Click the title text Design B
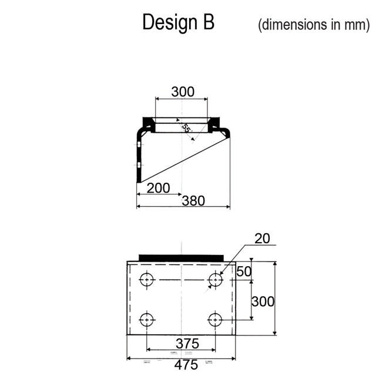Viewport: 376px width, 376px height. [179, 23]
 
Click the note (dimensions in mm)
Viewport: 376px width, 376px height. [314, 25]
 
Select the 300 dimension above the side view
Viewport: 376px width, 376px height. [182, 92]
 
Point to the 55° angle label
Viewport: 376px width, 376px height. [186, 128]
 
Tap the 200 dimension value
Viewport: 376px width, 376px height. [158, 188]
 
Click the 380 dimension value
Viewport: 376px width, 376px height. [193, 201]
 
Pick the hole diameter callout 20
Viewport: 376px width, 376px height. [262, 238]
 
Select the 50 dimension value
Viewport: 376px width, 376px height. [244, 271]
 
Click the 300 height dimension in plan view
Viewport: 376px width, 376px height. [263, 301]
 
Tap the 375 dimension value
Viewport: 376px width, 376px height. [187, 343]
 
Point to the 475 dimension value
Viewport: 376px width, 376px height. [186, 365]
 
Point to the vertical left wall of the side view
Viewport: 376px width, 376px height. [137, 159]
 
